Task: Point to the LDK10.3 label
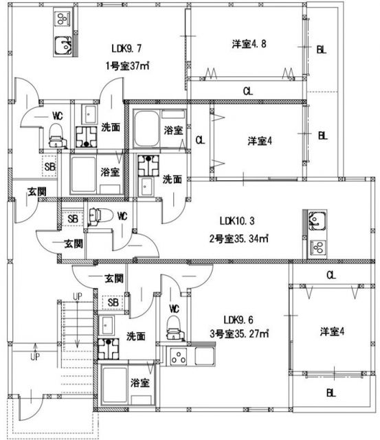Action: [x=237, y=221]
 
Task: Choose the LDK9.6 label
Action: [x=241, y=319]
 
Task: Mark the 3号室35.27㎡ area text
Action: [x=241, y=336]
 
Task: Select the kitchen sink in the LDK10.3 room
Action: [x=317, y=221]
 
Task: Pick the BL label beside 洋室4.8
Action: [x=322, y=49]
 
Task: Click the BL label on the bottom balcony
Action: [x=331, y=393]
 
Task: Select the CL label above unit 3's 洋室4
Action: [x=331, y=275]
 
